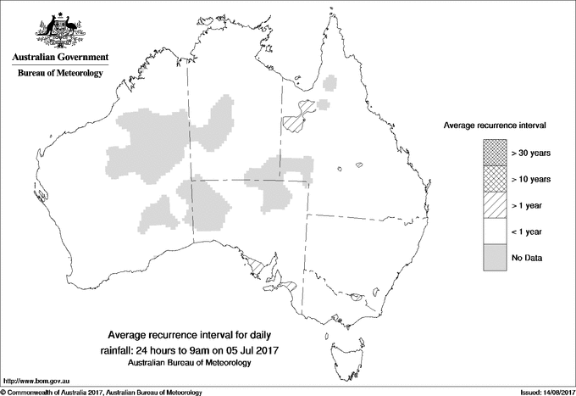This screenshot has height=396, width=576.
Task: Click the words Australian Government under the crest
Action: (59, 58)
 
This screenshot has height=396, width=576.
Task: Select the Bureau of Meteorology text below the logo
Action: (59, 73)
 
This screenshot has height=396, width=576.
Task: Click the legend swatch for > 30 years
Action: (495, 153)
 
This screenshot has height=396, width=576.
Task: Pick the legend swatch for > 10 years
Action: (495, 179)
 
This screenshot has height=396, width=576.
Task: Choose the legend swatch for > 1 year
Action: (495, 205)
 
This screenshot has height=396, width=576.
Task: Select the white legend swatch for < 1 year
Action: (495, 231)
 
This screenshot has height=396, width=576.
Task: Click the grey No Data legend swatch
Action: (495, 258)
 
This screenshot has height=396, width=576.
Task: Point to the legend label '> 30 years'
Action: (531, 153)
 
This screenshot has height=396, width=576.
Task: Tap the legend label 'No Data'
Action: (527, 258)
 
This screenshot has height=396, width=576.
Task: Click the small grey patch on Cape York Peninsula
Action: (330, 84)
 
